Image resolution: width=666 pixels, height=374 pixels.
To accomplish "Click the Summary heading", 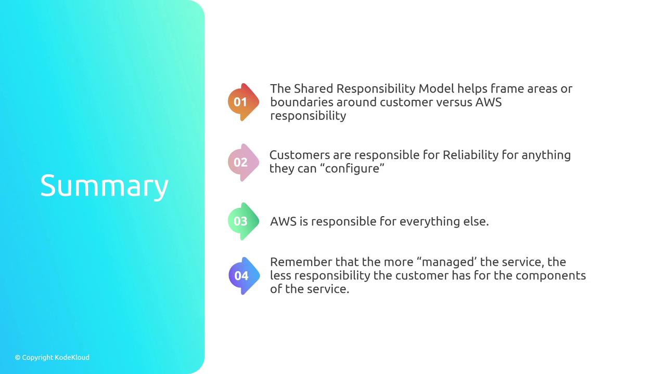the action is click(105, 186).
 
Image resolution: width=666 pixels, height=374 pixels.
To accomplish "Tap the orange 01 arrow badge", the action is click(244, 102).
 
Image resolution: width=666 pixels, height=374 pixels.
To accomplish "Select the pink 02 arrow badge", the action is click(244, 163).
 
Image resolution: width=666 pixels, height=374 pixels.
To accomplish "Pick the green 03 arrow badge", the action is click(244, 221).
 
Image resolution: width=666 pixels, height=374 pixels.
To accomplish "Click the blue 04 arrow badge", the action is click(244, 276).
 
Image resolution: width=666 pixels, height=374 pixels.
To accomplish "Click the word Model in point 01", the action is click(436, 88).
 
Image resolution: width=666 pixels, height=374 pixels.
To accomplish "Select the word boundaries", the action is click(302, 102).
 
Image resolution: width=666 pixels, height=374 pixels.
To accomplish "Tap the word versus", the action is click(454, 102).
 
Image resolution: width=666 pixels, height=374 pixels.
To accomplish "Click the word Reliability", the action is click(470, 155).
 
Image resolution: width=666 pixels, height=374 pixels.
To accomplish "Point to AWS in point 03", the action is click(283, 221).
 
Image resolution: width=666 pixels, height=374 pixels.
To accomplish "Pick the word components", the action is click(550, 276).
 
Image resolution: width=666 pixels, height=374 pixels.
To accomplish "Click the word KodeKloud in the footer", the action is click(72, 357).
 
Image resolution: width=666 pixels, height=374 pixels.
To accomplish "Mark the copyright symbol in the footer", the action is click(18, 358).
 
